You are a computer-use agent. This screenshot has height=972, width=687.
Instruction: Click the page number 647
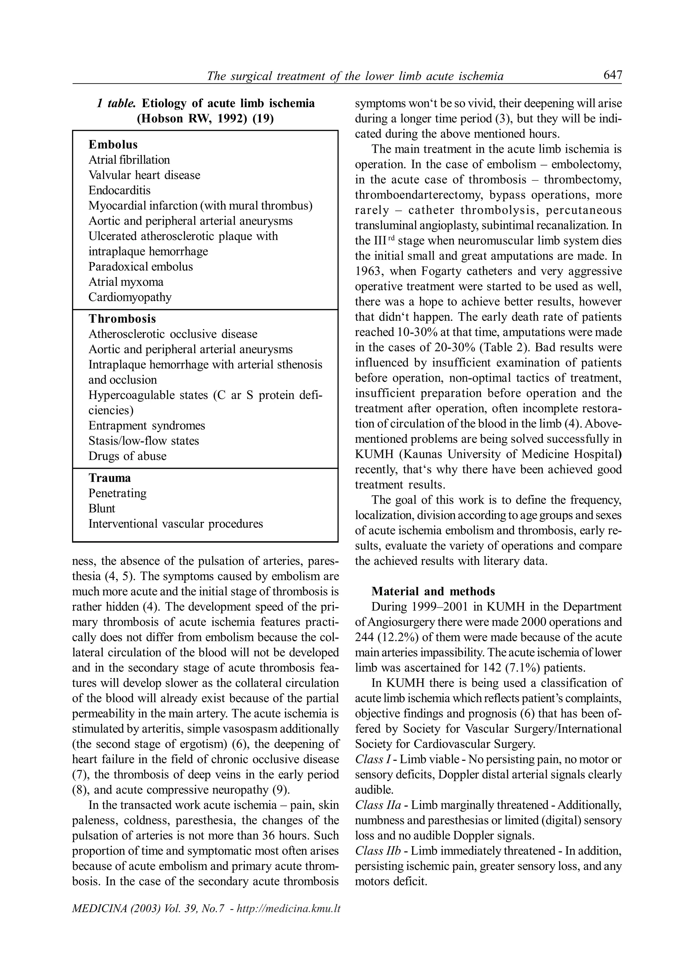pos(613,75)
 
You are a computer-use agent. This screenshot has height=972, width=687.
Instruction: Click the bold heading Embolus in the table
pos(113,145)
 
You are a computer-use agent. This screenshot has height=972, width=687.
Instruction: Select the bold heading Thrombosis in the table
pos(122,319)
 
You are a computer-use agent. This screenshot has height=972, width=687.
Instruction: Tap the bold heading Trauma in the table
pos(110,478)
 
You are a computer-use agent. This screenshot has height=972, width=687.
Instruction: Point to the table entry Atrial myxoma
pos(126,282)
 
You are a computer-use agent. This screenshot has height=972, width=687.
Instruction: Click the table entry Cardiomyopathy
pos(130,297)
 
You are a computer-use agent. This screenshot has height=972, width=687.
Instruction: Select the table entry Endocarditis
pos(119,190)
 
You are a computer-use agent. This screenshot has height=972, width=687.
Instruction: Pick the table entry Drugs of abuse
pos(127,456)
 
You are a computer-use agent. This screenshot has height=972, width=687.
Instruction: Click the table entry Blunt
pos(102,508)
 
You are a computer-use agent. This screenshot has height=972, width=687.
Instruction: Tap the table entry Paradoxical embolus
pos(141,267)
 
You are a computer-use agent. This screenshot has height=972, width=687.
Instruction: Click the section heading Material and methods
pos(433,591)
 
